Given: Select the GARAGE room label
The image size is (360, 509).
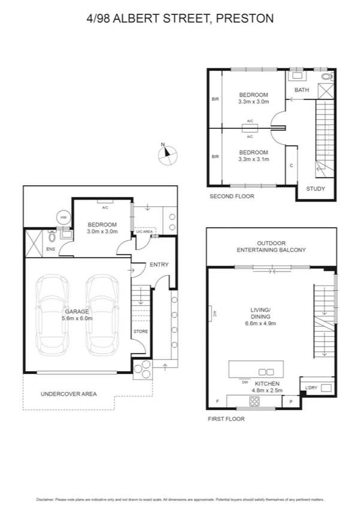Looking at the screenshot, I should point(77,312).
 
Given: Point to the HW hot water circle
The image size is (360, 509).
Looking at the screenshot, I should point(63,217).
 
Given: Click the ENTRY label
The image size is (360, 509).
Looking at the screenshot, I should point(159,264).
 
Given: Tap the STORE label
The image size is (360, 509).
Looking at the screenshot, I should point(140,331).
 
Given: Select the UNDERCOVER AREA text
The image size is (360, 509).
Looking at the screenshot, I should point(68,394).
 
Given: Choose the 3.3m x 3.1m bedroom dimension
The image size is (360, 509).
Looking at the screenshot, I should point(253,159).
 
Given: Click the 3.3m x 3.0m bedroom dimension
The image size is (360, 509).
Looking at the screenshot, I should point(253,102).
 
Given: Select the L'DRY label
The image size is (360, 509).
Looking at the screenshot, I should point(311,388).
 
